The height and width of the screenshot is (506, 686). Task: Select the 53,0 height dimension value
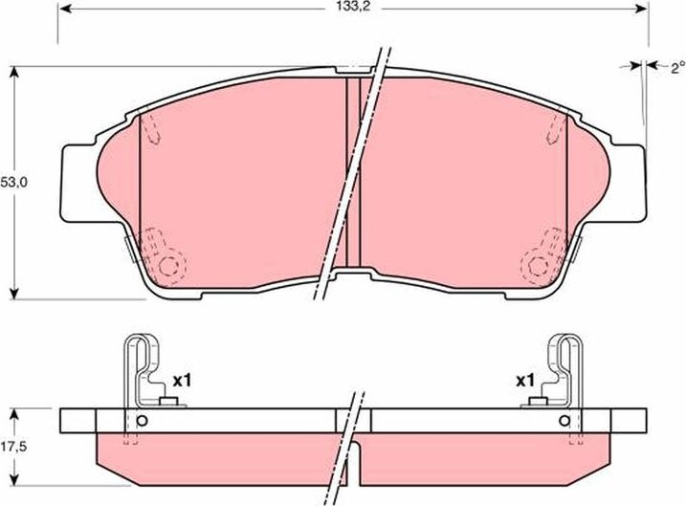pyautogui.click(x=11, y=181)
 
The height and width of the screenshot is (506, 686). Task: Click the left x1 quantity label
pyautogui.click(x=182, y=380)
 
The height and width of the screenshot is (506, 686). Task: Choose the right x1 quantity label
pyautogui.click(x=525, y=380)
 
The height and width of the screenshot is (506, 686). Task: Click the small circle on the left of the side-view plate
pyautogui.click(x=142, y=422)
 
